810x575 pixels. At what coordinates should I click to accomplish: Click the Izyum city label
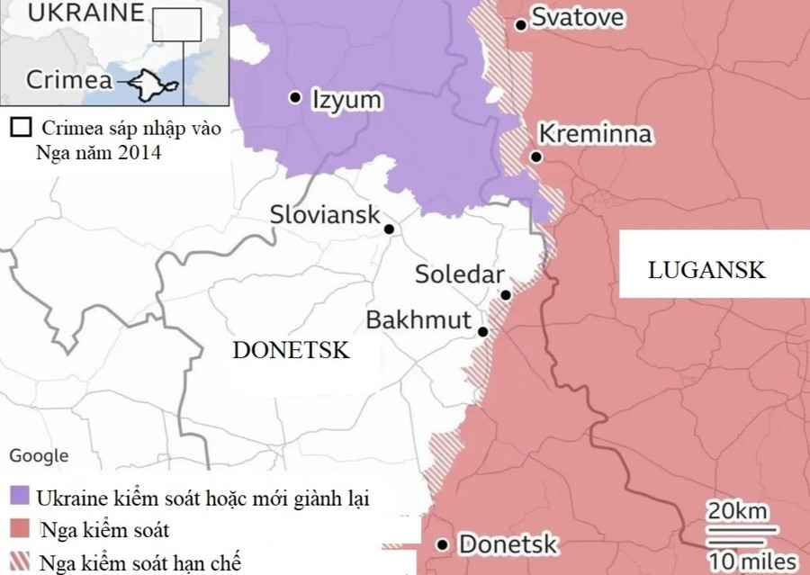point(346,99)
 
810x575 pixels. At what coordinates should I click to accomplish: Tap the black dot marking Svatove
point(521,24)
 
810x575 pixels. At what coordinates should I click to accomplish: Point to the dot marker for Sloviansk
point(389,229)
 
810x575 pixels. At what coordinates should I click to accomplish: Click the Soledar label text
point(459,274)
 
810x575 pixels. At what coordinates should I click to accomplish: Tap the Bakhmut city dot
point(483,332)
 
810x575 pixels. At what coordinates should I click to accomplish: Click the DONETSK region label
point(291,351)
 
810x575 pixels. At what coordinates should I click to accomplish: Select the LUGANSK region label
point(706,269)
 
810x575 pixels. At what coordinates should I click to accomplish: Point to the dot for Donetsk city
point(442,544)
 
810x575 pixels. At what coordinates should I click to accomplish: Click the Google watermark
point(39,456)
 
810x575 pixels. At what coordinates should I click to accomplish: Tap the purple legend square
point(20,496)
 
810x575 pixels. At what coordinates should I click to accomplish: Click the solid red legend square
point(20,529)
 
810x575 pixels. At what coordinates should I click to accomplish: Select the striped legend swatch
point(20,562)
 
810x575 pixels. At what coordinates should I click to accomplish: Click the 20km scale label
point(737,512)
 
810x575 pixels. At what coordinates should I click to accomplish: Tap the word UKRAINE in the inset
point(72,13)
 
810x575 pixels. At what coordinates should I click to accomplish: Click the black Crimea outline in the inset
point(149,85)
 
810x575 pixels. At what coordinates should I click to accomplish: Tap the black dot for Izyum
point(294,97)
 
